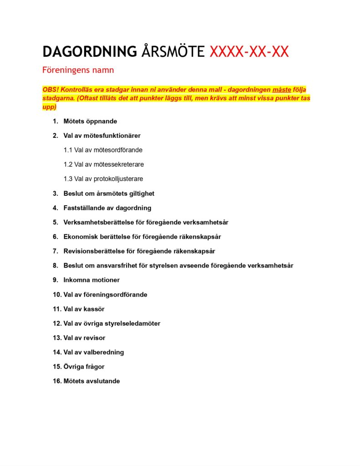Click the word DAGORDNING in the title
tap(90, 52)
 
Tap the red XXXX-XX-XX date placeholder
tap(249, 52)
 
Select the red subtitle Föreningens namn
tap(78, 71)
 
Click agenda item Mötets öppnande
tap(90, 122)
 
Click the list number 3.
tap(55, 193)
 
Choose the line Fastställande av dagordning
tap(107, 208)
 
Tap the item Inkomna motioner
tap(91, 280)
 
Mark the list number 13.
tap(57, 338)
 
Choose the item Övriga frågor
tap(84, 366)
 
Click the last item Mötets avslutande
tap(91, 381)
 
